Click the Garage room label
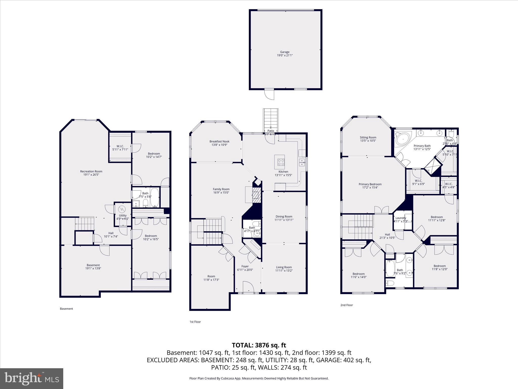[285, 52]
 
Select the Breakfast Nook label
[219, 142]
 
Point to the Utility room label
[123, 216]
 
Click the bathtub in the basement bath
[154, 198]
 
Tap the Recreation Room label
[91, 171]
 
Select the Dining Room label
[284, 217]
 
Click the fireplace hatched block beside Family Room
[256, 195]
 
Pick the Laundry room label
[401, 218]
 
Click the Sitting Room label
[368, 138]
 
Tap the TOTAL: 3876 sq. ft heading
[259, 345]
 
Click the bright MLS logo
[32, 379]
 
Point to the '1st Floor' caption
[195, 322]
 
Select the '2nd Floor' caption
[347, 305]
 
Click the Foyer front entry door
[248, 287]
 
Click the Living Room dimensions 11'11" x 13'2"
[284, 270]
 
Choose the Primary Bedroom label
[370, 184]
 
